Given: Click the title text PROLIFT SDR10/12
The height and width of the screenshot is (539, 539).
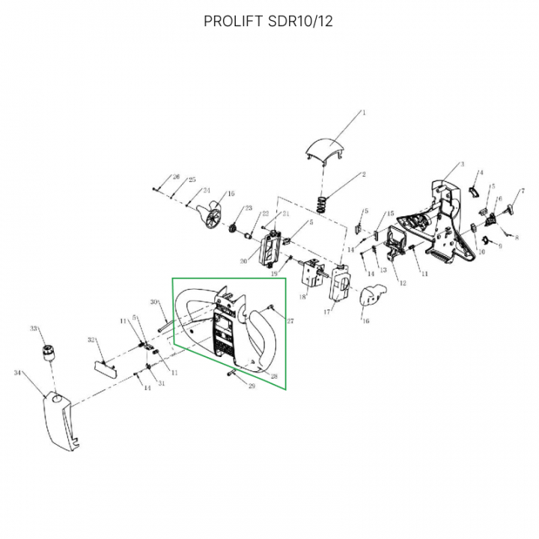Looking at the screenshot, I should (x=269, y=21).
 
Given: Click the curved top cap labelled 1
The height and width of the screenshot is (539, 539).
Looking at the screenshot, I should (x=328, y=146).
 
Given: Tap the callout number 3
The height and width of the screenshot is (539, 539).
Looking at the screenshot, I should (x=463, y=164).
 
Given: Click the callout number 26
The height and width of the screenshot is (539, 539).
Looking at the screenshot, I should (x=177, y=177).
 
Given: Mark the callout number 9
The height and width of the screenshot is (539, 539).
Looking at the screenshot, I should (x=500, y=246).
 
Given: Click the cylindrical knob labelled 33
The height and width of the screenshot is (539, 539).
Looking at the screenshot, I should (x=50, y=351).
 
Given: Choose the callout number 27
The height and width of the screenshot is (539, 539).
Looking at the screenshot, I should (x=290, y=320).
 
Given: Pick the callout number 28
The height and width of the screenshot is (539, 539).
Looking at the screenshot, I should (x=275, y=375).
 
